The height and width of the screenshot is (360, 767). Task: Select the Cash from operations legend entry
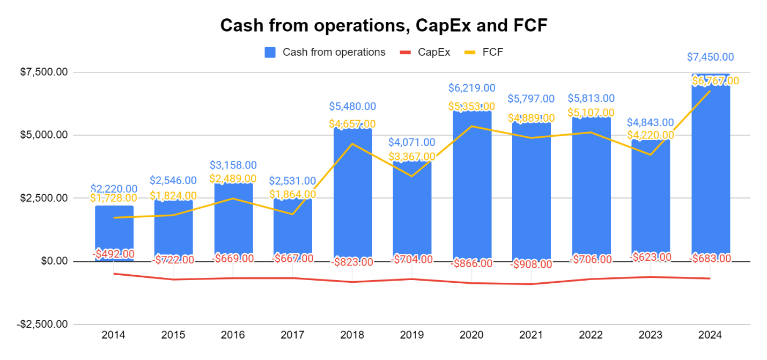[x=325, y=52]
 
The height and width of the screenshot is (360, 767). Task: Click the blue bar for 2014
[x=114, y=231]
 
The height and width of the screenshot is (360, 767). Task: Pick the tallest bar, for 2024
[x=710, y=172]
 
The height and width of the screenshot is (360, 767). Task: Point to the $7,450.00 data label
[x=710, y=57]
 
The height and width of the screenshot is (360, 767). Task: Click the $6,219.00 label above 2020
[x=471, y=88]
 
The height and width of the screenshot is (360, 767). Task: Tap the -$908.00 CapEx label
[x=531, y=264]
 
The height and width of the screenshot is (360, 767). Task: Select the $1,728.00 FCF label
[x=114, y=198]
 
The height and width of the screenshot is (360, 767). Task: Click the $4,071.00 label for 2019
[x=412, y=143]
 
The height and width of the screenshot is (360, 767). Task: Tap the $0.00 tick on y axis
[x=54, y=261]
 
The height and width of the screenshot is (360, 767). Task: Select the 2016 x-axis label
[x=233, y=335]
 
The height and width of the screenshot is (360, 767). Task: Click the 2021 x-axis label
[x=531, y=335]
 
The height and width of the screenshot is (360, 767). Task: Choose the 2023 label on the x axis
[x=651, y=335]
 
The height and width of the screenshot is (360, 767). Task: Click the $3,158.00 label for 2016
[x=233, y=165]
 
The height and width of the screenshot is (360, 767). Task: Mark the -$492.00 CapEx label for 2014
[x=114, y=253]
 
